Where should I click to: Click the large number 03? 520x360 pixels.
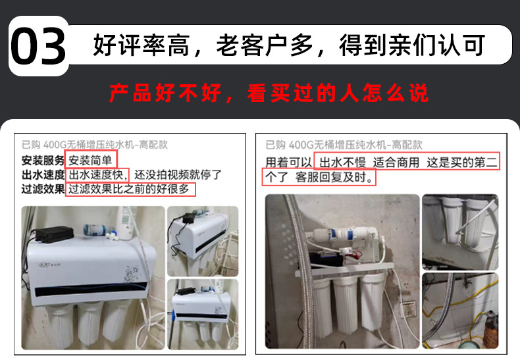tap(38, 46)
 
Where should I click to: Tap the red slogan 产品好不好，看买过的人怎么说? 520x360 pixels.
tap(269, 93)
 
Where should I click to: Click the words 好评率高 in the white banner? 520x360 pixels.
tap(142, 45)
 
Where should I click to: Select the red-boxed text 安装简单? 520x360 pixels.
tap(90, 161)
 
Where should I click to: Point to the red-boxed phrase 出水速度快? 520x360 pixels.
tap(98, 174)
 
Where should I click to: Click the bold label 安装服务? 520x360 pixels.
tap(43, 161)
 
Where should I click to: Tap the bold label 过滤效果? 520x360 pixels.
tap(43, 189)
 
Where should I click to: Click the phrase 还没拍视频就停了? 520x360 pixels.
tap(178, 174)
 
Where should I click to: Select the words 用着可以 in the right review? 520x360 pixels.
tap(288, 163)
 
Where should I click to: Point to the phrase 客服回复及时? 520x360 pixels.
tap(334, 177)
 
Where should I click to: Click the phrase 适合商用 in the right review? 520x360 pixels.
tap(396, 163)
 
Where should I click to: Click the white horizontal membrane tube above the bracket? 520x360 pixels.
tap(345, 234)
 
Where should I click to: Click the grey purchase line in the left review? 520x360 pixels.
tap(95, 145)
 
